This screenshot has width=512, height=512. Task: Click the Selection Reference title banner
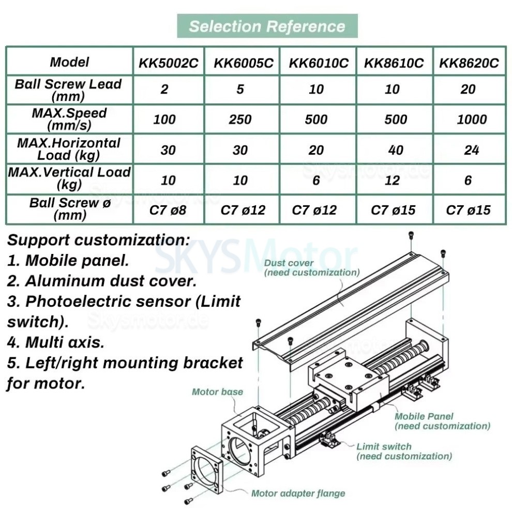267,26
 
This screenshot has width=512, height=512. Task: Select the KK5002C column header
168,63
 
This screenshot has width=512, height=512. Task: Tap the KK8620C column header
469,63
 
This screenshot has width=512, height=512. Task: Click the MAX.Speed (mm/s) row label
69,119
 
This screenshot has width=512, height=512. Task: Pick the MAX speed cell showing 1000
471,119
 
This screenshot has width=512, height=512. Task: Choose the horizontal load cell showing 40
395,149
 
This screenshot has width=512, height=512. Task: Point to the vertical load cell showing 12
393,180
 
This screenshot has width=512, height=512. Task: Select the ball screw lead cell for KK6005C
240,89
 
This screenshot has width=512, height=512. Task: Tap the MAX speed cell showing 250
240,119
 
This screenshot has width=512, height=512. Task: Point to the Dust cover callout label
311,267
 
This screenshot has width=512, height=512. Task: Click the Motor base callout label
217,391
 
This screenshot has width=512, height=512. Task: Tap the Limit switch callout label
403,451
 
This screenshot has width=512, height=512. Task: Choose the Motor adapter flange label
297,493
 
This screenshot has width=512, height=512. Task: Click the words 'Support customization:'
98,240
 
